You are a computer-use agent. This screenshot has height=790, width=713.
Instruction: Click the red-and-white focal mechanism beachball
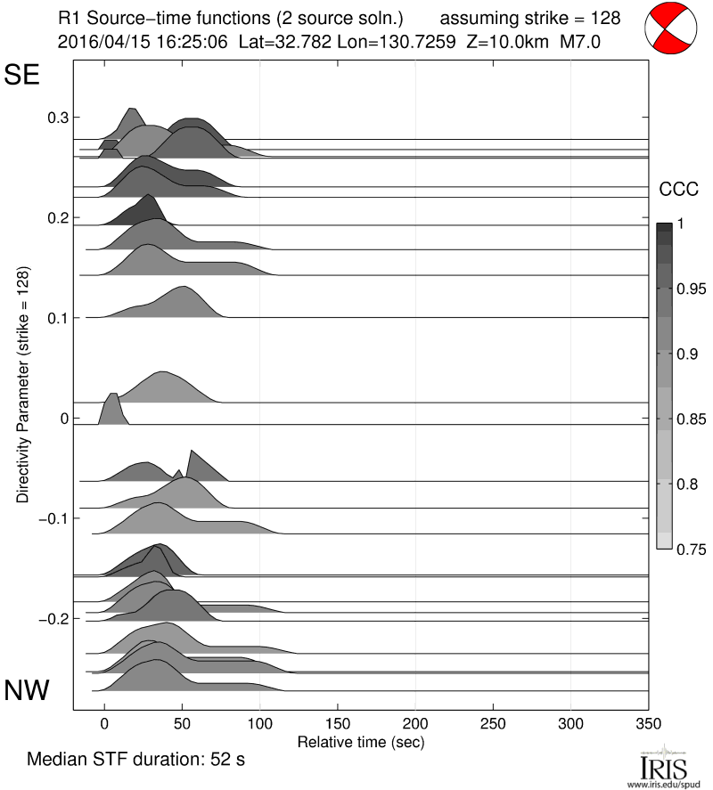coord(672,28)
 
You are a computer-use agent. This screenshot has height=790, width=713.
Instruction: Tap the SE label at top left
coord(22,76)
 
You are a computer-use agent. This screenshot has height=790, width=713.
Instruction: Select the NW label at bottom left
coord(27,690)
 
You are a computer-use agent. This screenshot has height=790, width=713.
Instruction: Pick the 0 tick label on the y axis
coord(63,418)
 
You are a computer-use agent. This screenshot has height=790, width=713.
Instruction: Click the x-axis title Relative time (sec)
coord(360,741)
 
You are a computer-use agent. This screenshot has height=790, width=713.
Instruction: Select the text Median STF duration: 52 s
coord(135,761)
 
